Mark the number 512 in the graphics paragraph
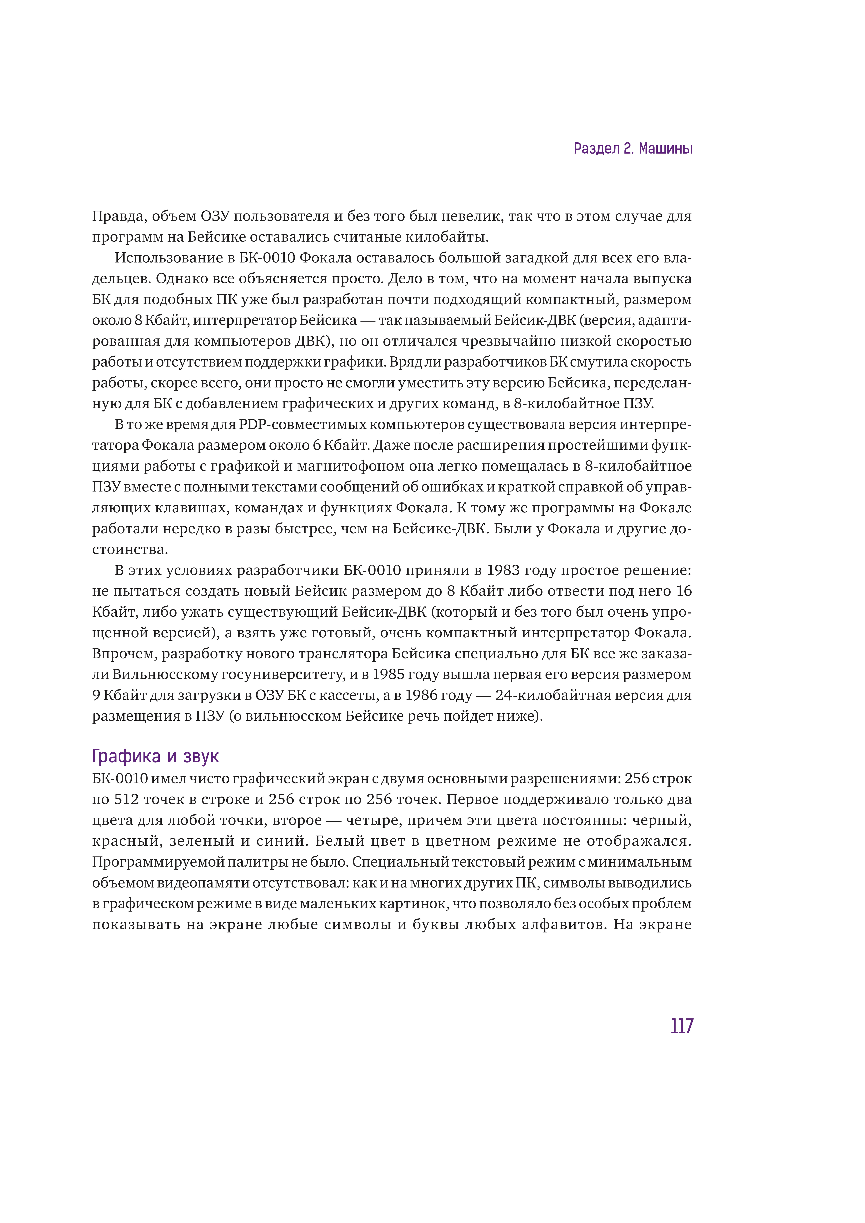[x=127, y=799]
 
